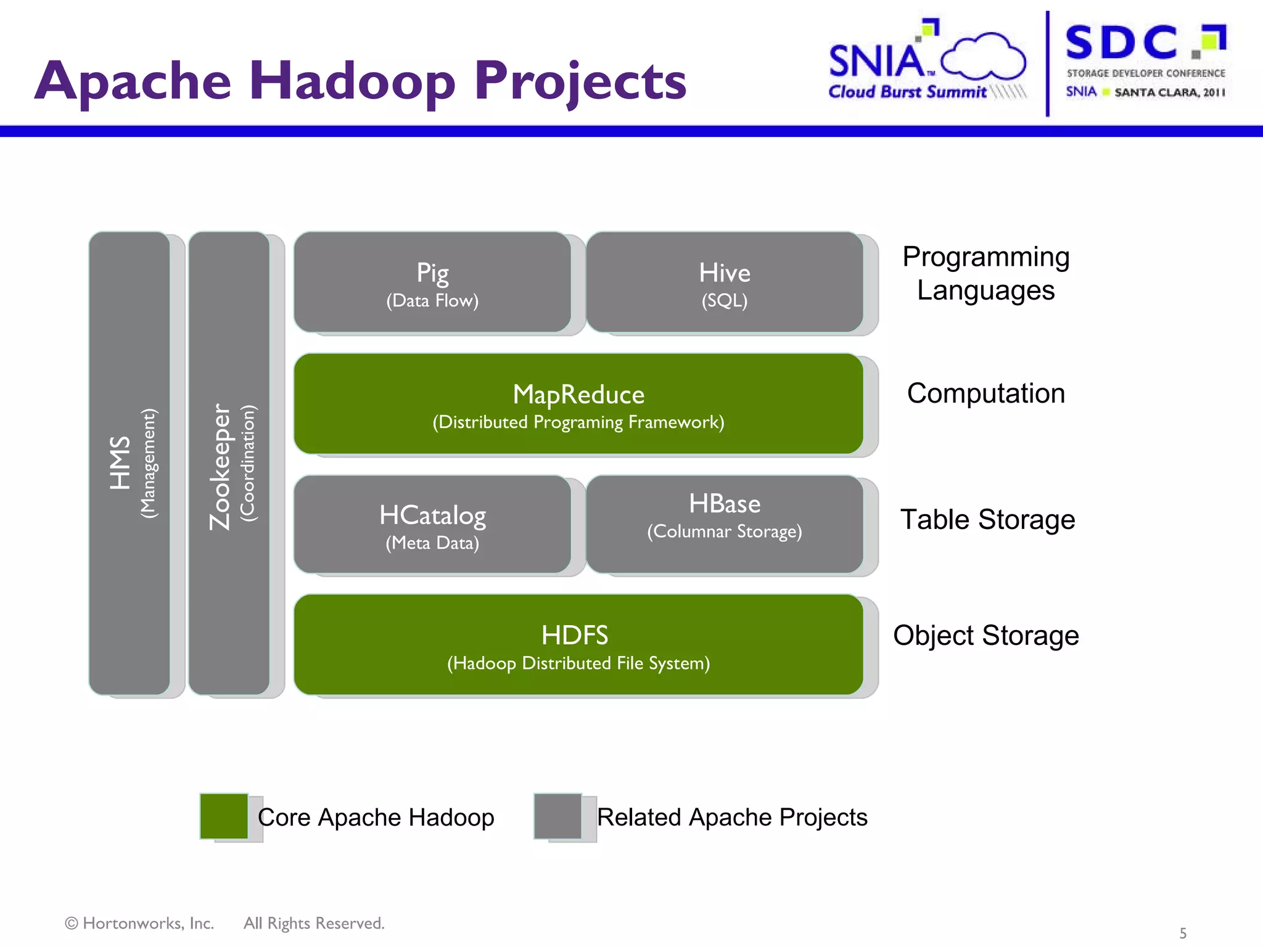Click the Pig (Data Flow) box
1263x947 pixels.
click(432, 282)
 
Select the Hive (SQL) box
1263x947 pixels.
click(725, 282)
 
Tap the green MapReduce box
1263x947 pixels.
click(578, 404)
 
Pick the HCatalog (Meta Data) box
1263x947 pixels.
click(432, 525)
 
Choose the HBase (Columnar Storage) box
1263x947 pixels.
click(725, 523)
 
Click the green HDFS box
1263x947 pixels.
click(578, 645)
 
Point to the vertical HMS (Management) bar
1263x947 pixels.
click(130, 463)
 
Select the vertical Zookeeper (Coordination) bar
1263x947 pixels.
click(229, 463)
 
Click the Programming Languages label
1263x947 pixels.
click(985, 273)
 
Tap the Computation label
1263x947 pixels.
click(985, 393)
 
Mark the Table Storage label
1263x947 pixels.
click(987, 519)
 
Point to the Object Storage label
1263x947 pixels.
click(985, 635)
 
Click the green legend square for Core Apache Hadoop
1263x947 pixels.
click(224, 816)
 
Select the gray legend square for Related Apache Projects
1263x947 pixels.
click(557, 816)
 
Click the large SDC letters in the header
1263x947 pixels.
click(1121, 43)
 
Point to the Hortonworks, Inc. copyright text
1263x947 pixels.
click(140, 923)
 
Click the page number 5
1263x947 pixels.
click(1182, 933)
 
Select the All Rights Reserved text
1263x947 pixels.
click(314, 923)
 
